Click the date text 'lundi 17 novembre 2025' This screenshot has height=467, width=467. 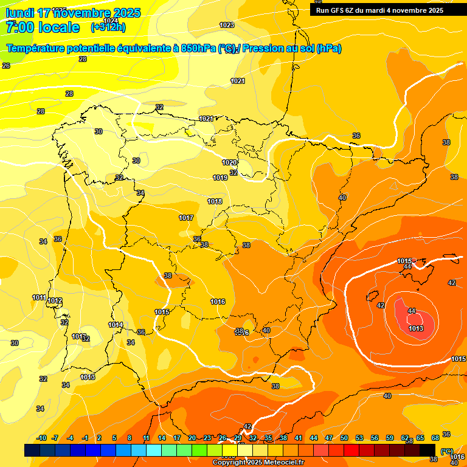tap(73, 13)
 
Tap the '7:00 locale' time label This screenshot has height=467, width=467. tap(43, 27)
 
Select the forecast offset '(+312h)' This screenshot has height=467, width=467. tap(108, 27)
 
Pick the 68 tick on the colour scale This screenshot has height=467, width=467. tap(435, 438)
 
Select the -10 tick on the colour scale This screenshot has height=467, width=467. tap(41, 438)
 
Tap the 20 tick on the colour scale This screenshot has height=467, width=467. tap(192, 438)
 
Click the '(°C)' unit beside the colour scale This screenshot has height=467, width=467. tap(447, 451)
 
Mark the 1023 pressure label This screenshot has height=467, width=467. tap(227, 25)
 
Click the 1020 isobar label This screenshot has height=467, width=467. tap(229, 162)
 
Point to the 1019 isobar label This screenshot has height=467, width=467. tap(220, 178)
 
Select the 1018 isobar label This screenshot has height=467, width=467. tap(215, 201)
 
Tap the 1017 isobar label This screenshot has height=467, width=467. tap(186, 218)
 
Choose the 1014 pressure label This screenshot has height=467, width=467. tap(116, 325)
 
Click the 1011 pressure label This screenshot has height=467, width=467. tap(39, 297)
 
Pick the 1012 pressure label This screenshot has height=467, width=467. tap(55, 301)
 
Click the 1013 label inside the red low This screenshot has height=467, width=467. tap(416, 328)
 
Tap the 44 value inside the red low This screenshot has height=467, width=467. tap(412, 311)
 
